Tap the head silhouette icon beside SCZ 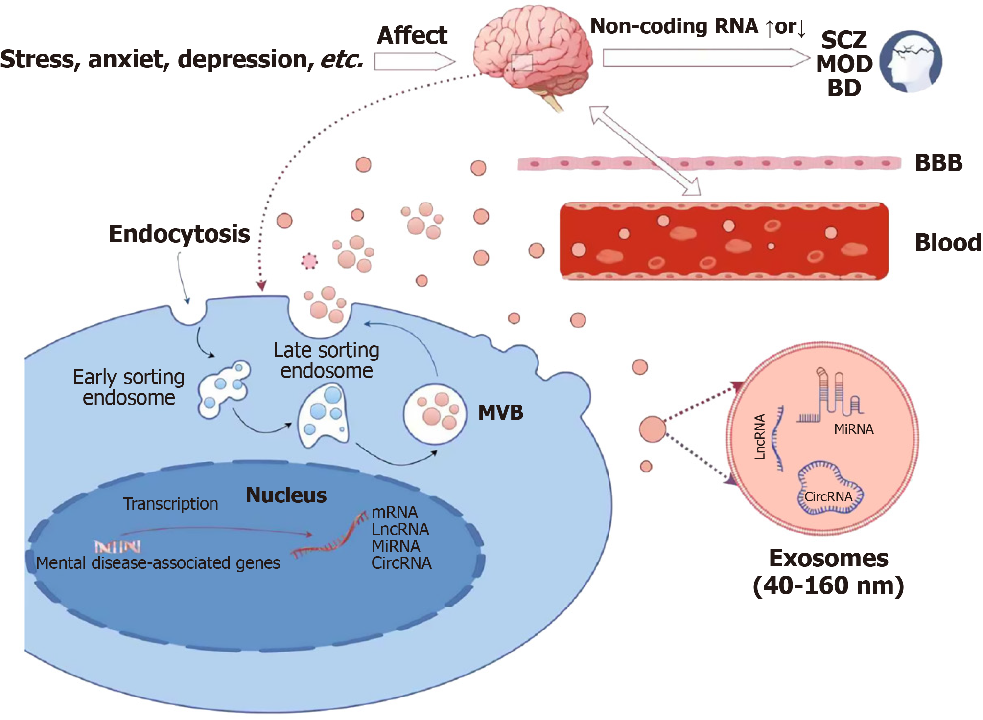[x=911, y=62]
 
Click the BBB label [x=938, y=163]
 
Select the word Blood [x=948, y=243]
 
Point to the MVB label [x=500, y=413]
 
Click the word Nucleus [x=286, y=495]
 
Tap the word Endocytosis [x=179, y=234]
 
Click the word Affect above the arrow [x=412, y=35]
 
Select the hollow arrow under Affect [x=414, y=62]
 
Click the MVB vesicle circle [x=435, y=414]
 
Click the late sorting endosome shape [x=324, y=416]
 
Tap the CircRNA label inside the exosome [x=828, y=497]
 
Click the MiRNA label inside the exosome [x=854, y=429]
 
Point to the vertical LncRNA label [x=760, y=437]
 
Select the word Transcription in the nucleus [x=170, y=504]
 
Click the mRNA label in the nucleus [x=395, y=512]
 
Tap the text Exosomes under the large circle [x=828, y=559]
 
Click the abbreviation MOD [x=844, y=64]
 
